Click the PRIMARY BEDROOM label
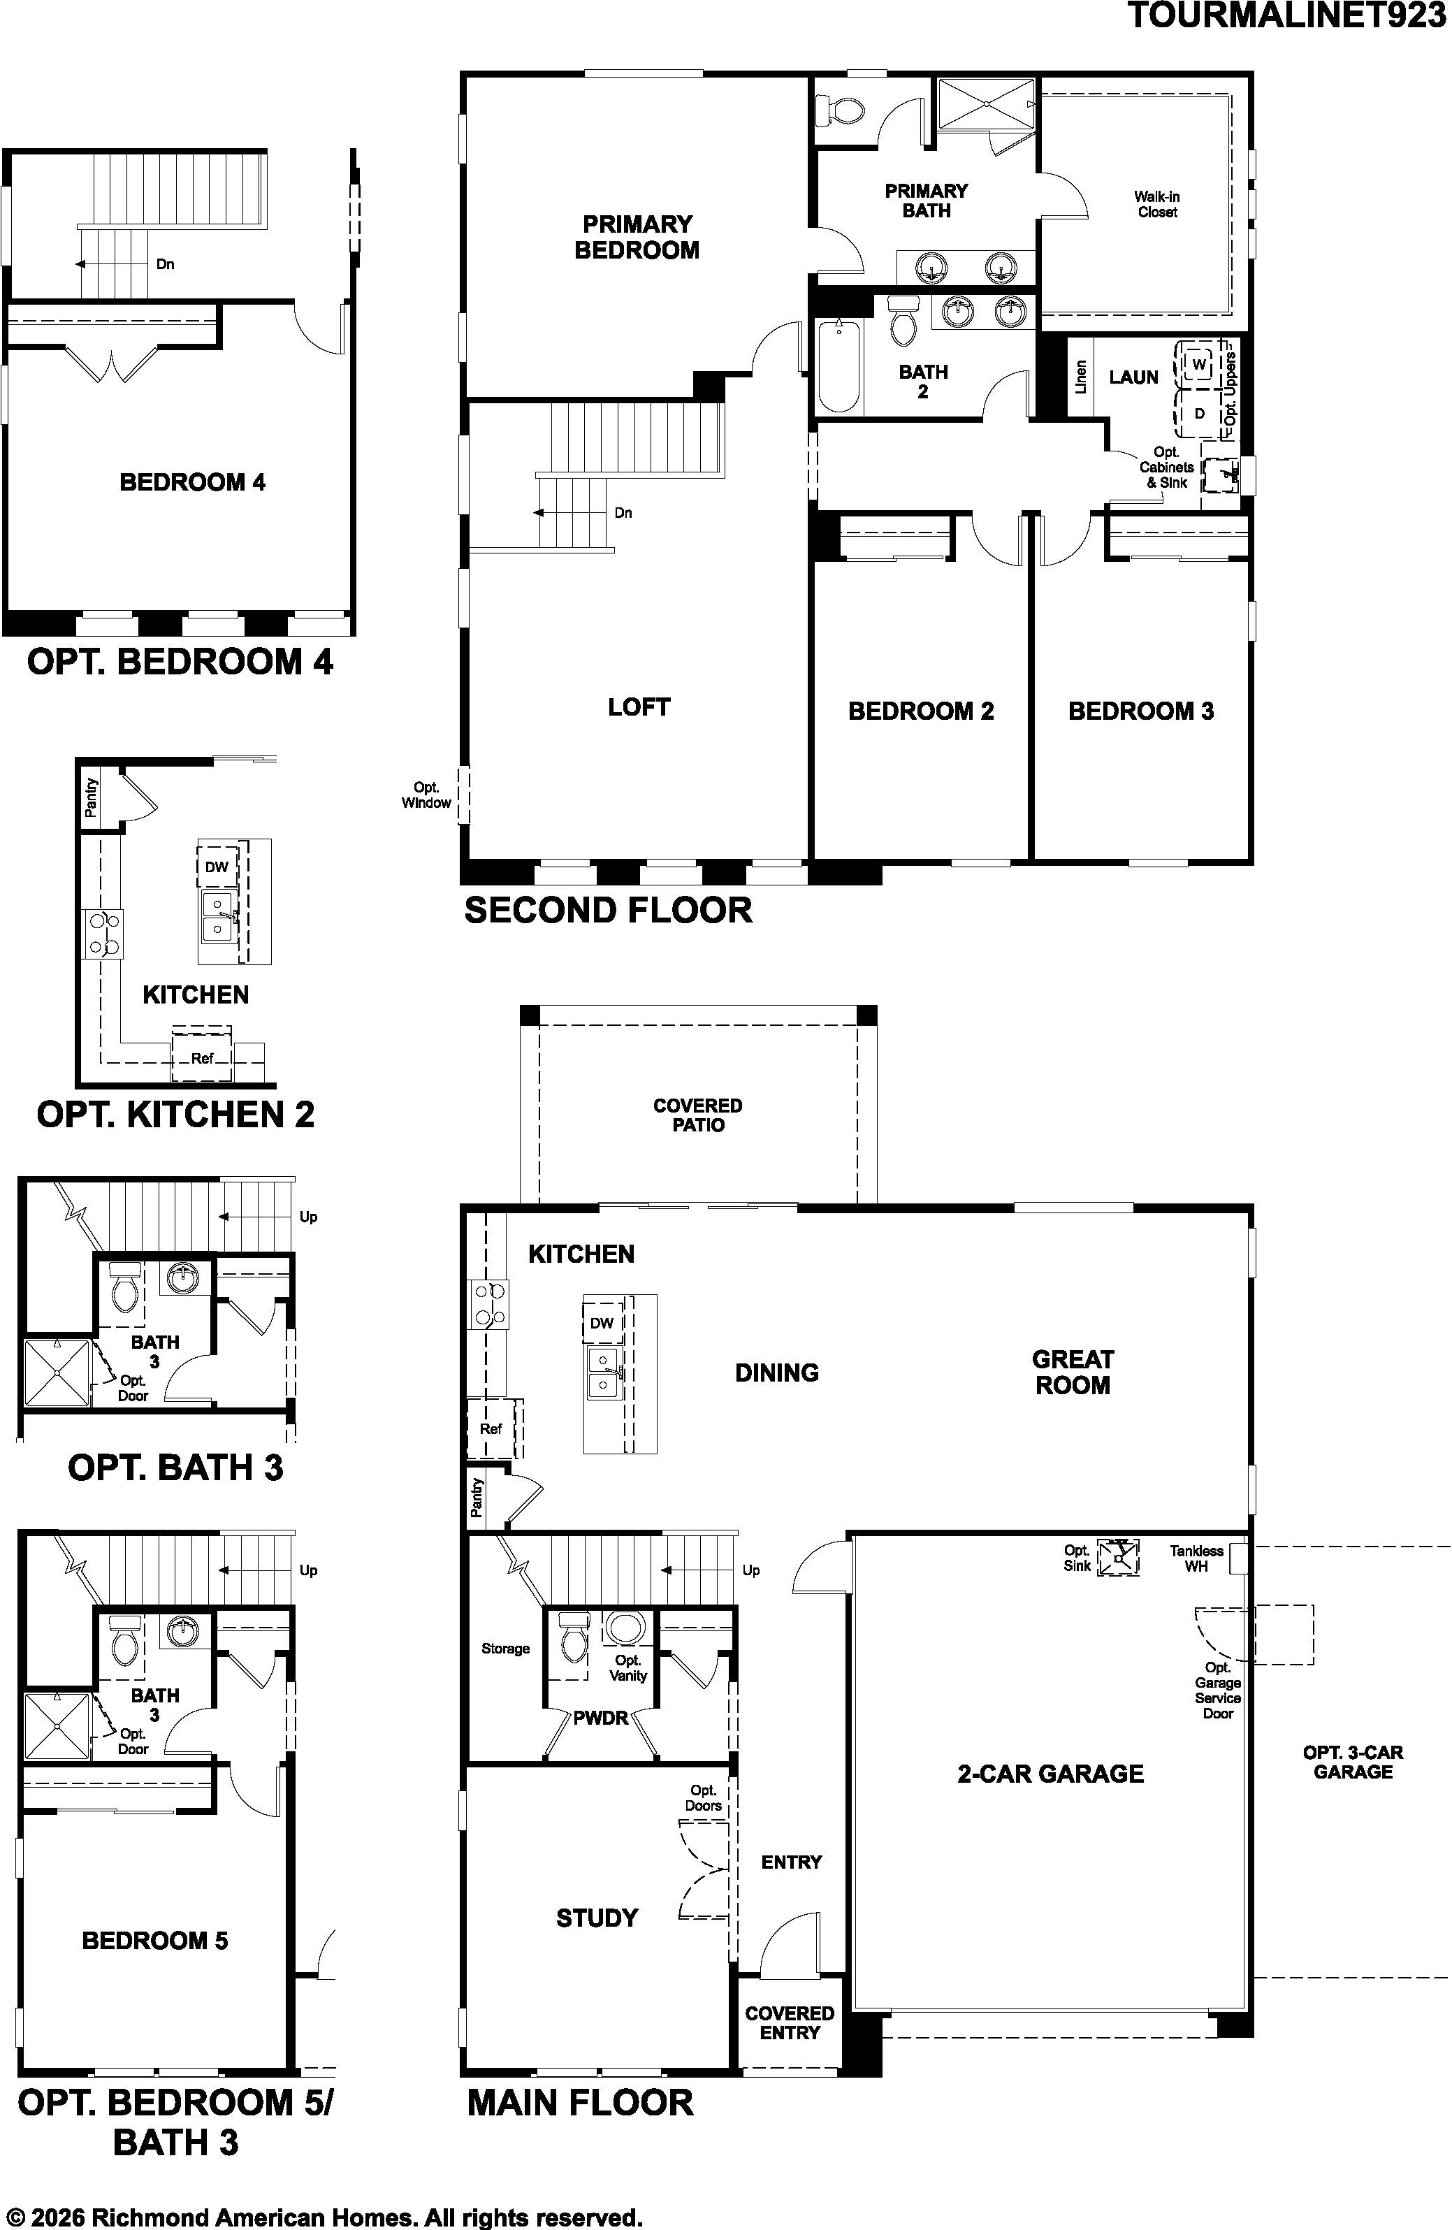click(x=637, y=237)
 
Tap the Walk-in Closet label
click(x=1157, y=204)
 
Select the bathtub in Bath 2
click(x=838, y=365)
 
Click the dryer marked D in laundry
click(x=1199, y=412)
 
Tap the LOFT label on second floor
click(x=639, y=707)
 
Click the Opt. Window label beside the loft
click(x=426, y=795)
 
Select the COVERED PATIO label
click(x=698, y=1115)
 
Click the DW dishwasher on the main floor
click(x=602, y=1323)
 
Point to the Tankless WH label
click(x=1196, y=1558)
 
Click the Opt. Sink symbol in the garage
click(x=1119, y=1556)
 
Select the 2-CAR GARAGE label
click(x=1050, y=1774)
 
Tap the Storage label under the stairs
click(x=506, y=1648)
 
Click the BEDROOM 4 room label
click(x=192, y=482)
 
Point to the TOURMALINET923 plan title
click(x=1287, y=16)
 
